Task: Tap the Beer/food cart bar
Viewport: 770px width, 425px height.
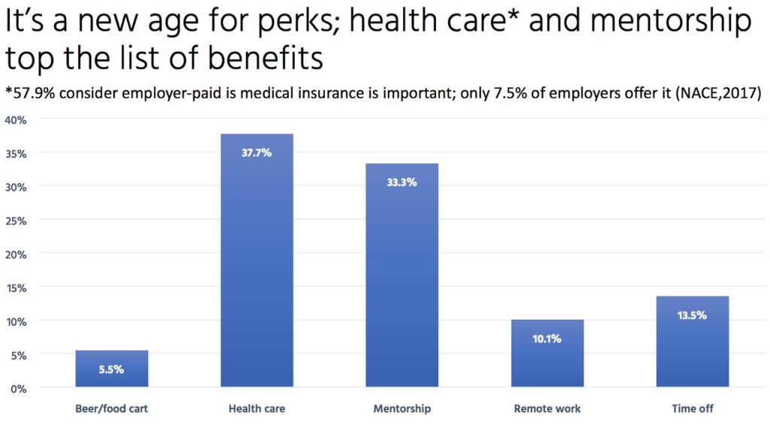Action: click(111, 369)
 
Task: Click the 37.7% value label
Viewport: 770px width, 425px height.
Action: click(256, 153)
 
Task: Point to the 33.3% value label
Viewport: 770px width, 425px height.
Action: click(402, 182)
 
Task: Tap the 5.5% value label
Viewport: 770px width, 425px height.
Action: click(111, 369)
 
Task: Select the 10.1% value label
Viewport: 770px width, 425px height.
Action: click(547, 338)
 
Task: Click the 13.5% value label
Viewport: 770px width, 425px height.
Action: click(693, 315)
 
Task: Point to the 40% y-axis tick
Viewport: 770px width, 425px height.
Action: click(16, 120)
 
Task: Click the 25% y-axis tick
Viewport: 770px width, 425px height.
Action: click(16, 220)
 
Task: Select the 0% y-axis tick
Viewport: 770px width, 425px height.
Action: click(19, 388)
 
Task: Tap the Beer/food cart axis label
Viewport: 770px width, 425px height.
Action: click(111, 409)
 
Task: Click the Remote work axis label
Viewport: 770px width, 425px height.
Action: click(547, 409)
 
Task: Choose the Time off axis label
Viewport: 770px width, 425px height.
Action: click(693, 409)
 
